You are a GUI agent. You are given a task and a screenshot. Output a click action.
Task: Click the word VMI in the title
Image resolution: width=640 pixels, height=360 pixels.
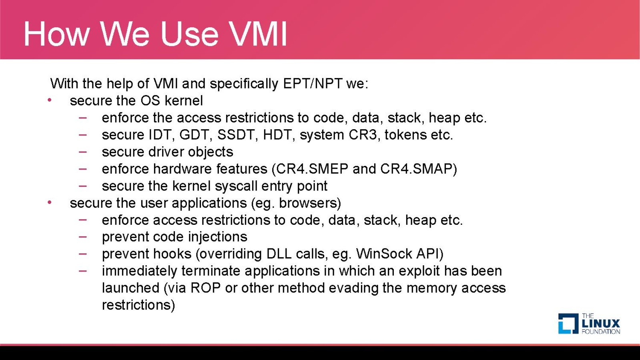pos(258,34)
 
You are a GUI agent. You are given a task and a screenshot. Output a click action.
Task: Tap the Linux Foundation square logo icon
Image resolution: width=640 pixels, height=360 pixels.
pos(568,324)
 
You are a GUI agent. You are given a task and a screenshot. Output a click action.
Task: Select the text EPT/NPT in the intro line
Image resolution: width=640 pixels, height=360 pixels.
pos(313,84)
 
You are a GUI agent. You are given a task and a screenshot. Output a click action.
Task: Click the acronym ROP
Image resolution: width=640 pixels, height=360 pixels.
pos(205,288)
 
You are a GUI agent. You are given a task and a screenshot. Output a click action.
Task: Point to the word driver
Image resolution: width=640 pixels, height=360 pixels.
pos(166,152)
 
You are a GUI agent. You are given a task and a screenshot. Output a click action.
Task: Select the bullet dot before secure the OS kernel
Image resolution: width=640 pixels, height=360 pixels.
pos(50,100)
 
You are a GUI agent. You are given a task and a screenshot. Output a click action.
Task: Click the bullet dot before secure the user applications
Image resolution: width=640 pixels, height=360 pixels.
pos(50,203)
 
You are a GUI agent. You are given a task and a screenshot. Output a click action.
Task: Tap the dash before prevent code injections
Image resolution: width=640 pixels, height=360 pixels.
pos(83,237)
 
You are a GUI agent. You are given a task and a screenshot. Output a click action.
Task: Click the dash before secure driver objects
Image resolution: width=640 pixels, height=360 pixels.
pos(83,152)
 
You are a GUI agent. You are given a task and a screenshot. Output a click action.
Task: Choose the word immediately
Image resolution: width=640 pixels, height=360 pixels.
pos(139,271)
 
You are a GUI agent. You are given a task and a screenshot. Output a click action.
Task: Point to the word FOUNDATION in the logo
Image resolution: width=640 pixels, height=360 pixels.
pos(601,332)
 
